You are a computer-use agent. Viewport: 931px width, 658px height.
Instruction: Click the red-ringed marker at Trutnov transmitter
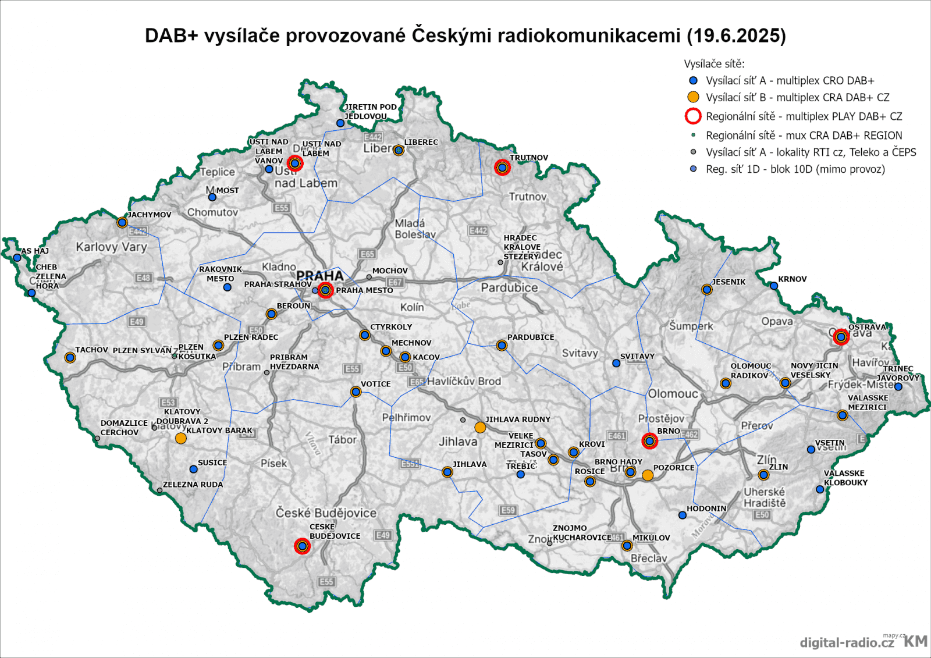tap(502, 168)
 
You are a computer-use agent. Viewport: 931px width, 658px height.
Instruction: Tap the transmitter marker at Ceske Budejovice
tap(302, 546)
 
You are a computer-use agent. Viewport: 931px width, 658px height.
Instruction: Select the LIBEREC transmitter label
tap(421, 142)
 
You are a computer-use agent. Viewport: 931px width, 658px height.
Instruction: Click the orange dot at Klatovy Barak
tap(181, 438)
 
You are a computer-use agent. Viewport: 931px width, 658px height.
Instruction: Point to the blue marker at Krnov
tap(774, 286)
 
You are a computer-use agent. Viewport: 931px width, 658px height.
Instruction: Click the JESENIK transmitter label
tap(729, 282)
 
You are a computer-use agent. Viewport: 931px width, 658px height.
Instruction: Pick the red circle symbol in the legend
tap(693, 116)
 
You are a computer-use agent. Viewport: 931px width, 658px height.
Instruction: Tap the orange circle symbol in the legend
tap(693, 97)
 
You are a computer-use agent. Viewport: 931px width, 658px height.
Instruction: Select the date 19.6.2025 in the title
tap(736, 35)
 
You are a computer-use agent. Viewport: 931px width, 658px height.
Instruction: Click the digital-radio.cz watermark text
tap(847, 642)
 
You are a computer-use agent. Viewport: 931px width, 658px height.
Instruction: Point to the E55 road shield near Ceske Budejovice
tap(326, 582)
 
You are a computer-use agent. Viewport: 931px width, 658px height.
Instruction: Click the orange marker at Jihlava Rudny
tap(480, 428)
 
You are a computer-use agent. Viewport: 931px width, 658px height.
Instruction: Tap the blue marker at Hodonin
tap(683, 515)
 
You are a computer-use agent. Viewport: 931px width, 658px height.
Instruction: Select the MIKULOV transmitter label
tap(651, 538)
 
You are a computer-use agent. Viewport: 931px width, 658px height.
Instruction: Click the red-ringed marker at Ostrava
tap(841, 337)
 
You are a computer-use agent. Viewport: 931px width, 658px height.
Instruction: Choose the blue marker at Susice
tap(194, 469)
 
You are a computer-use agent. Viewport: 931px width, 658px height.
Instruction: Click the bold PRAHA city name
tap(319, 276)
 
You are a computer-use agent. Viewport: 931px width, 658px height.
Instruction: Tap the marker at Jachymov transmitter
tap(122, 222)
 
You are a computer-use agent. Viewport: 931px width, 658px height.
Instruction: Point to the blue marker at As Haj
tap(17, 258)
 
